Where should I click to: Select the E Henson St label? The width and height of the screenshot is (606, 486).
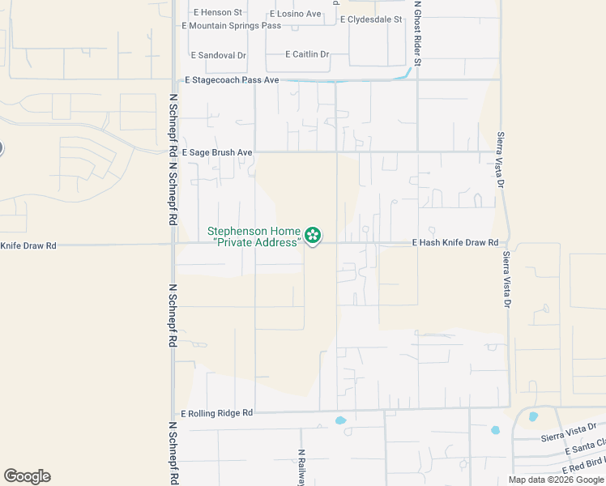tap(218, 13)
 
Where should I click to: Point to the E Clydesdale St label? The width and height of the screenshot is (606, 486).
tap(371, 19)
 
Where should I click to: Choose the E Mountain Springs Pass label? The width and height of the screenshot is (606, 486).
tap(231, 26)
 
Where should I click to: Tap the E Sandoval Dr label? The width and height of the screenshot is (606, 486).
tap(218, 55)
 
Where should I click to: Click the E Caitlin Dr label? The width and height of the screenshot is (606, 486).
tap(307, 54)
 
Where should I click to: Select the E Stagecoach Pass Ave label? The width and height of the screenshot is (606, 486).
tap(232, 80)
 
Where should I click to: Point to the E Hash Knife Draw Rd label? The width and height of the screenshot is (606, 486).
tap(454, 243)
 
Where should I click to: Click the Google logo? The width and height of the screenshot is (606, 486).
tap(27, 476)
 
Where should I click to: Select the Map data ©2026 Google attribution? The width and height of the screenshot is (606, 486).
tap(555, 480)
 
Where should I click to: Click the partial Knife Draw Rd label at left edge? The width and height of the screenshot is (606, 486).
tap(28, 245)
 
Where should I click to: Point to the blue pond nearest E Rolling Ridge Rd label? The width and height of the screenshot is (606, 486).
tap(340, 420)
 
